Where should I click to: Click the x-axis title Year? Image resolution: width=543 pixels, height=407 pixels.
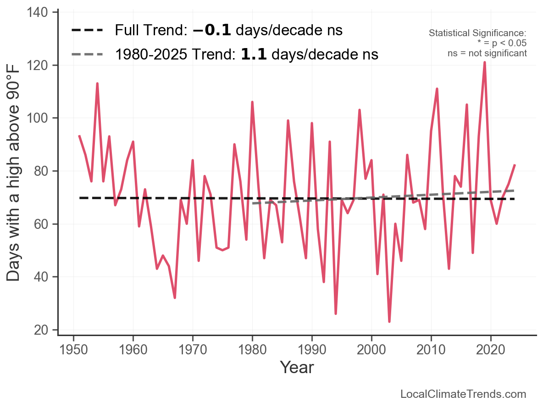(297, 367)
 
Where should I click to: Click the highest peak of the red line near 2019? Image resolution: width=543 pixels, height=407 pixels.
(484, 62)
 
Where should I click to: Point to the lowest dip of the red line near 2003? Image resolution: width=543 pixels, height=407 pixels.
(389, 321)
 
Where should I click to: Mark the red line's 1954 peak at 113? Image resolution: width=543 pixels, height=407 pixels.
(97, 83)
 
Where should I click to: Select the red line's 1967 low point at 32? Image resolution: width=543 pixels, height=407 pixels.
(175, 298)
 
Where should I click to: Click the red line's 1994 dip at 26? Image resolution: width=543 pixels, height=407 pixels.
(336, 314)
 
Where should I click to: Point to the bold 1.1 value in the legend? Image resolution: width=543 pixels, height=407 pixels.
(254, 54)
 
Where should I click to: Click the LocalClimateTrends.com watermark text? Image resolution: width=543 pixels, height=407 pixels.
(463, 394)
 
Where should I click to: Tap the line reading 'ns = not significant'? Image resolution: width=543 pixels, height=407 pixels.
(487, 53)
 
